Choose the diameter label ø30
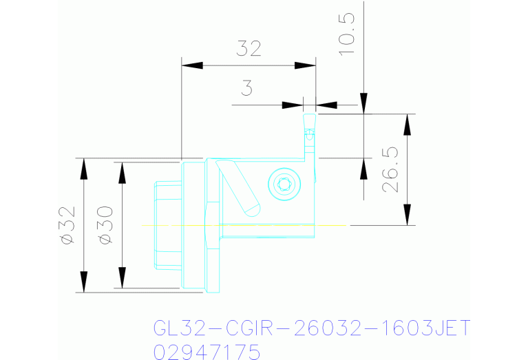point(105,224)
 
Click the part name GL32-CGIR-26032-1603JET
point(310,328)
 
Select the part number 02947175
point(206,351)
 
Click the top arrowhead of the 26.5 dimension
point(408,125)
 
